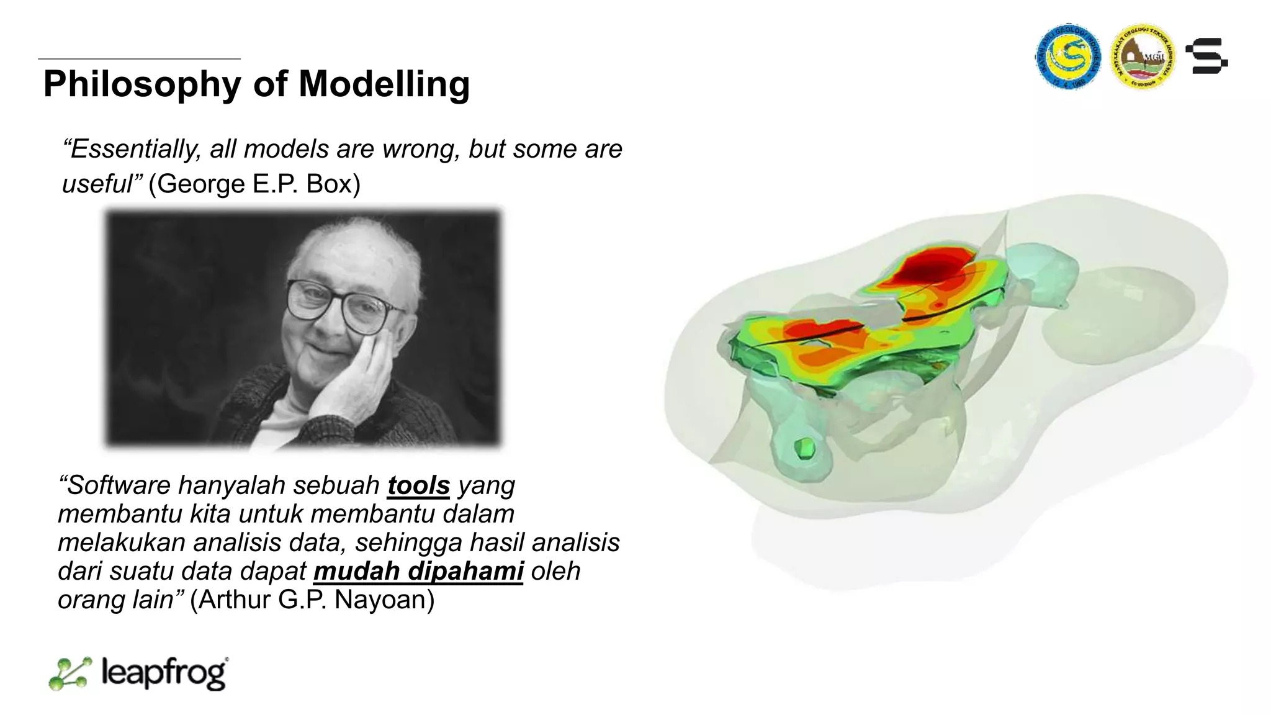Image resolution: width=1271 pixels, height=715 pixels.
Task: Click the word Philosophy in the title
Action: tap(142, 84)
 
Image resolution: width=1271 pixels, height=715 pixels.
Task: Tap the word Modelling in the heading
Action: tap(384, 84)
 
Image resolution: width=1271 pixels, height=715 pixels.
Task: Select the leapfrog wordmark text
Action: tap(164, 673)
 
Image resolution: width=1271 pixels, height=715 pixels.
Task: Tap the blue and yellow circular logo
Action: tap(1068, 56)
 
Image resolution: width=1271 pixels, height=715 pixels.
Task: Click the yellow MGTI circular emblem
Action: tap(1143, 56)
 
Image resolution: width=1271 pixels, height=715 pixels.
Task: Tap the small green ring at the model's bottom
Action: tap(805, 447)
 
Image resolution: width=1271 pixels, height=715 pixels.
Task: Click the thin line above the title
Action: tap(139, 59)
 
